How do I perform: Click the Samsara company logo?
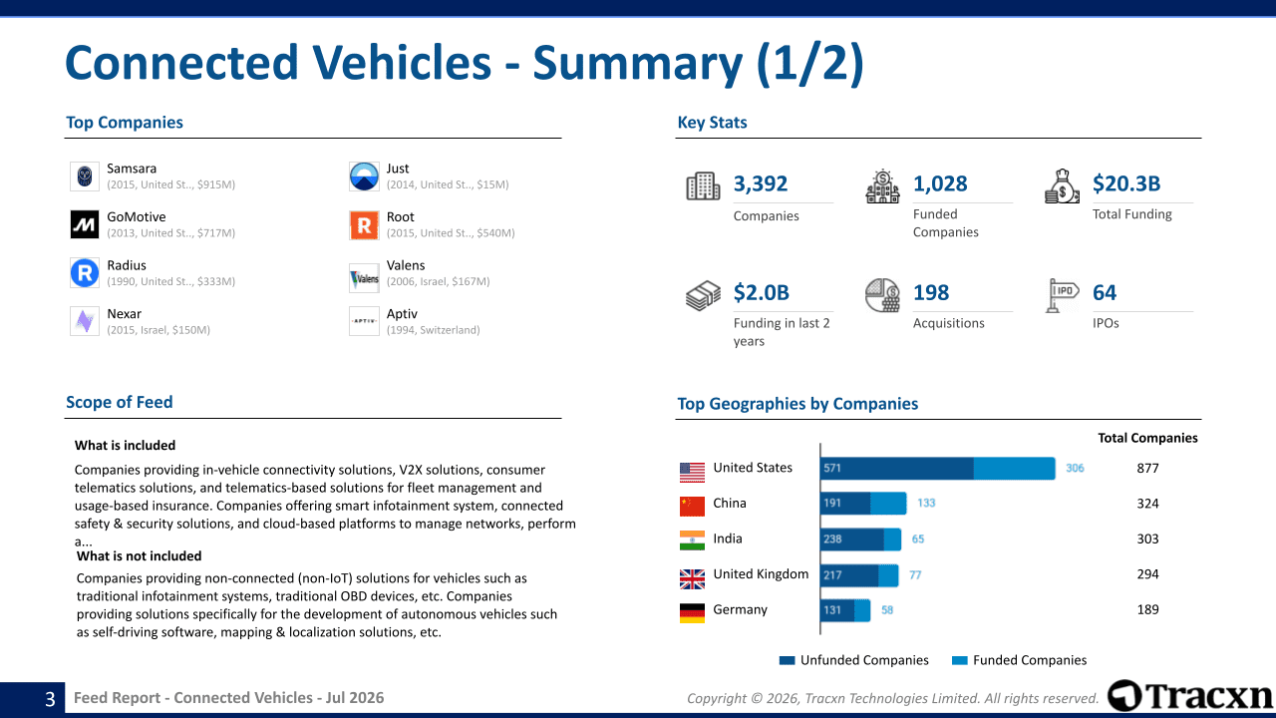pyautogui.click(x=85, y=177)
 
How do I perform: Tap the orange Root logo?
pyautogui.click(x=364, y=225)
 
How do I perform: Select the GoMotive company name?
pyautogui.click(x=137, y=217)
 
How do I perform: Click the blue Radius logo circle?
pyautogui.click(x=85, y=273)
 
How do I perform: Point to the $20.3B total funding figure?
pyautogui.click(x=1126, y=183)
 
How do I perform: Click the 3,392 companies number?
pyautogui.click(x=760, y=183)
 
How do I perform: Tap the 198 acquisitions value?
pyautogui.click(x=931, y=293)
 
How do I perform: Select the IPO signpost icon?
pyautogui.click(x=1062, y=295)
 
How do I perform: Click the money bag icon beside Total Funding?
pyautogui.click(x=1062, y=186)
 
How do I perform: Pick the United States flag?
pyautogui.click(x=692, y=473)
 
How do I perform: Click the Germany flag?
pyautogui.click(x=692, y=613)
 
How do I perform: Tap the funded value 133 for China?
pyautogui.click(x=926, y=504)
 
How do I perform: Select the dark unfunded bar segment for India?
pyautogui.click(x=852, y=539)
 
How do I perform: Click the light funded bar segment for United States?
pyautogui.click(x=1015, y=469)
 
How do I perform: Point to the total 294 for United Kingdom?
pyautogui.click(x=1147, y=574)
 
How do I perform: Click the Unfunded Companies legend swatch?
pyautogui.click(x=787, y=660)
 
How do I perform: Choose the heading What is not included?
pyautogui.click(x=139, y=556)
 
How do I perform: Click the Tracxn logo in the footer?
pyautogui.click(x=1190, y=696)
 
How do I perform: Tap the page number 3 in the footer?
pyautogui.click(x=50, y=699)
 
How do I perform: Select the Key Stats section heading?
pyautogui.click(x=712, y=123)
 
